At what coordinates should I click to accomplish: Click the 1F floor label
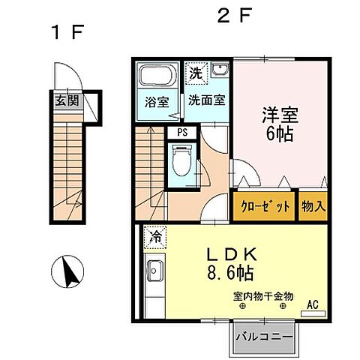[67, 33]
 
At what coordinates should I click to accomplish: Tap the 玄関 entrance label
[63, 100]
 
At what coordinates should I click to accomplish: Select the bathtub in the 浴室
[156, 77]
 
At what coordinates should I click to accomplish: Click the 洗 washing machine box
[195, 73]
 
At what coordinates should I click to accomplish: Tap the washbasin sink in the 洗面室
[220, 72]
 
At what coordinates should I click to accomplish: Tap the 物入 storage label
[313, 206]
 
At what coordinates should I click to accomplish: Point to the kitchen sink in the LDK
[155, 268]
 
